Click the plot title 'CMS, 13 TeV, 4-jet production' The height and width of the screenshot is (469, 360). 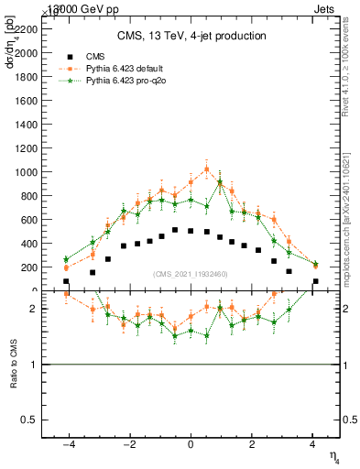(191, 37)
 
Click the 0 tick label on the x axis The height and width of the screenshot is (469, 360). (191, 445)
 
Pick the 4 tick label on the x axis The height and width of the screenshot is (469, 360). (313, 445)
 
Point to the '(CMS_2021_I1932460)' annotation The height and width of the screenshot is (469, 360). (191, 274)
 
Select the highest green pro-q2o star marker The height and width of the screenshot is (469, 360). (220, 182)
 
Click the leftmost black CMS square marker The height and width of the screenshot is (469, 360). (66, 281)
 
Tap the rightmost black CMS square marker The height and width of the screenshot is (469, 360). (315, 281)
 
